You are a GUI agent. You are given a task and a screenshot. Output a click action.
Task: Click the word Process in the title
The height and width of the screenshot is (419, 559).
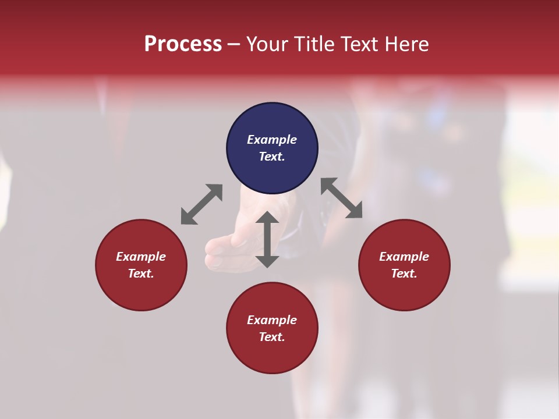click(x=183, y=44)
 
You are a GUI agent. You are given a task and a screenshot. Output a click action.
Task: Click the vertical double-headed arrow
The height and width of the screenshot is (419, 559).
click(x=267, y=239)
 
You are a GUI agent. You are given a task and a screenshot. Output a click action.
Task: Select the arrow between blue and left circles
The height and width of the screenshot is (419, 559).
click(x=201, y=204)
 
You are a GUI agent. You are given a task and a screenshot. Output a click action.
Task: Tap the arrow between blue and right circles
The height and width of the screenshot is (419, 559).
click(x=342, y=198)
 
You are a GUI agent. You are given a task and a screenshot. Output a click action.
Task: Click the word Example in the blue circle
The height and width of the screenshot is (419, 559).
click(x=272, y=140)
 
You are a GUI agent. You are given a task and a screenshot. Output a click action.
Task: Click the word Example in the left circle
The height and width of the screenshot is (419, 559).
click(x=141, y=257)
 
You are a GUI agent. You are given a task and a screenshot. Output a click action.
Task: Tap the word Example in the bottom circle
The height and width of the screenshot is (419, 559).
click(x=272, y=320)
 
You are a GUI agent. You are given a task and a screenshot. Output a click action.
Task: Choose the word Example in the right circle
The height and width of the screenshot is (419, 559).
click(x=404, y=257)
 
